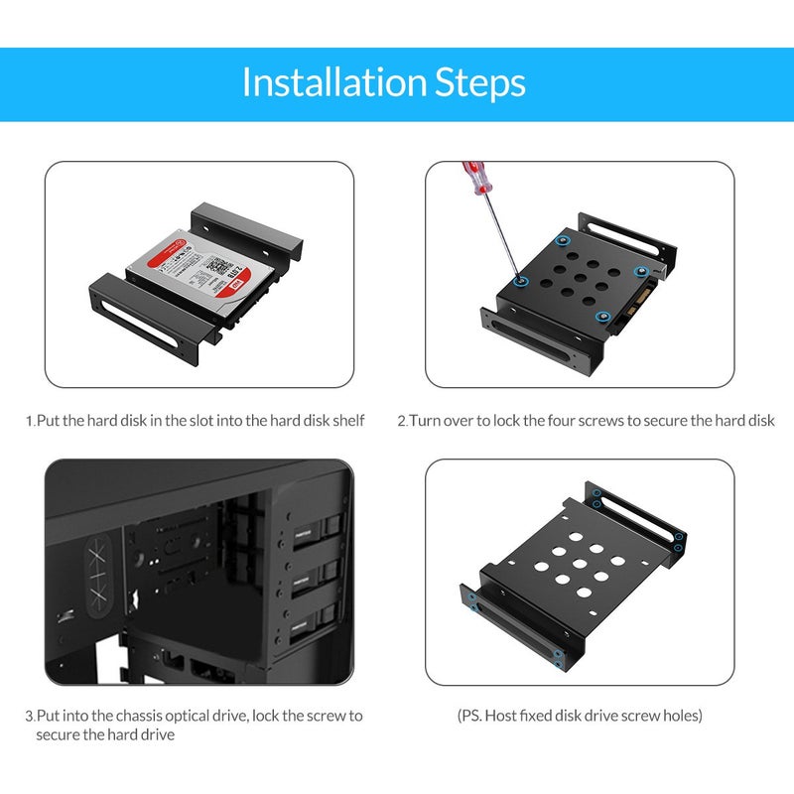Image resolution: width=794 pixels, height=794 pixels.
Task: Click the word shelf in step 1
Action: pos(347,421)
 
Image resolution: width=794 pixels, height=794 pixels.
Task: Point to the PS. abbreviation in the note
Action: pos(471,715)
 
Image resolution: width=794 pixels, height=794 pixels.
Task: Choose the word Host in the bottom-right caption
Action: pos(504,715)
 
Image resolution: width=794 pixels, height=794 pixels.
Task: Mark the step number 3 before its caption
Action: pos(29,715)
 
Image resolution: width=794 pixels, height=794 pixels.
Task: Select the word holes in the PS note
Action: pos(682,715)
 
